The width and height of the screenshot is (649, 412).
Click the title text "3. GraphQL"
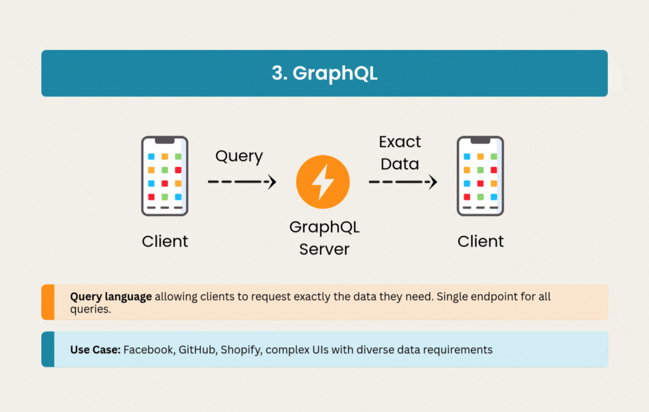[x=324, y=74]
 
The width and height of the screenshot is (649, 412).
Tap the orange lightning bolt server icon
[x=323, y=182]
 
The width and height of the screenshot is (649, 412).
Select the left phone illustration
[x=165, y=176]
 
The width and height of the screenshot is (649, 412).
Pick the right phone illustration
[x=480, y=176]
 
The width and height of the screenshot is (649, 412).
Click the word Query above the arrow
[x=239, y=157]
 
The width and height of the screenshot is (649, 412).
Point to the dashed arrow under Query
[x=242, y=182]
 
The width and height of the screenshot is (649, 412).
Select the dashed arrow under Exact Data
[x=402, y=182]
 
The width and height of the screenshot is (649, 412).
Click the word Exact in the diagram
[x=400, y=142]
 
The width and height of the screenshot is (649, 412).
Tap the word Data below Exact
[x=400, y=164]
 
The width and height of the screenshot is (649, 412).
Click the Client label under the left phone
[x=165, y=241]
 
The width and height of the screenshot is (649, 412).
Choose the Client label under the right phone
[x=480, y=241]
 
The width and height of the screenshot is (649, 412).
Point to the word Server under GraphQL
[x=324, y=249]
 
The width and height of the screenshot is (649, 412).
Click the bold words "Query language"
[x=111, y=297]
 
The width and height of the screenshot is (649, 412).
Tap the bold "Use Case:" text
[x=95, y=350]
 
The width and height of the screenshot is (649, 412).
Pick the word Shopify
[x=241, y=351]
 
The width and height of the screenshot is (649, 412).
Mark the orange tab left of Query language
[x=48, y=302]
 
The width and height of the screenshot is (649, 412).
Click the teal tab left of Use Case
[x=48, y=349]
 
